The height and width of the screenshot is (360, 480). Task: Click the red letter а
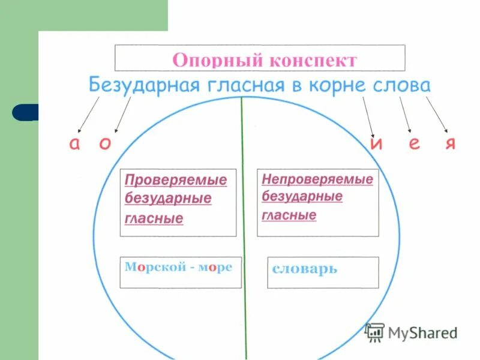pos(74,145)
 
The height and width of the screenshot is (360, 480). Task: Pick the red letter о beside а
pos(105,145)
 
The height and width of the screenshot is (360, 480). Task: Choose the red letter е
pos(414,145)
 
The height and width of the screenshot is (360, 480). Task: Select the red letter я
pos(451,145)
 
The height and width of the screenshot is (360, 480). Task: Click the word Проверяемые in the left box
pos(176,180)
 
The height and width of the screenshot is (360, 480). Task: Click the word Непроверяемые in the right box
pos(317,179)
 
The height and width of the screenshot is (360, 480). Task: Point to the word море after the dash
pos(216,267)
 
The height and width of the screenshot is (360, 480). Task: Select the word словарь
pos(304,269)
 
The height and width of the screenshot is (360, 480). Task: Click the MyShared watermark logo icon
pos(375,332)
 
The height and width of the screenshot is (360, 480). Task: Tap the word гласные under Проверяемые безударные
pos(154,219)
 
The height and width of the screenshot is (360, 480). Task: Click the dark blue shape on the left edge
pos(25,112)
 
